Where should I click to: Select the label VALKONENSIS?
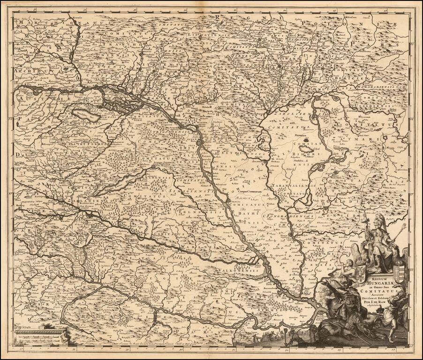coord(239,271)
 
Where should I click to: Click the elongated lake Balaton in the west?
coord(117,183)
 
